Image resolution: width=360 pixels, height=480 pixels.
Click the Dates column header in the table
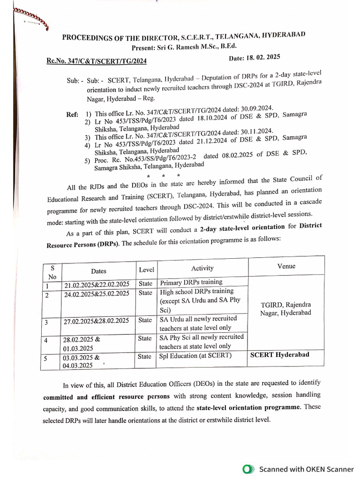[98, 271]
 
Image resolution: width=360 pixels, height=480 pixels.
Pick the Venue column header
[286, 266]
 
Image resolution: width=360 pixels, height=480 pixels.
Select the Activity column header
[202, 268]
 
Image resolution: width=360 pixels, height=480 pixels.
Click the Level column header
[146, 270]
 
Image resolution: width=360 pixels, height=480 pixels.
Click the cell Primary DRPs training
[191, 283]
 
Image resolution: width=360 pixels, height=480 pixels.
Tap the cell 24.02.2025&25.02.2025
[96, 294]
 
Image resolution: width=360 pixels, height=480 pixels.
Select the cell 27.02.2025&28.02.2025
[96, 321]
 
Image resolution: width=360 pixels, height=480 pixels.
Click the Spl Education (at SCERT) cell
[195, 356]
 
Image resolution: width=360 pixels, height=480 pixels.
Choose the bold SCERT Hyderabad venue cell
[279, 354]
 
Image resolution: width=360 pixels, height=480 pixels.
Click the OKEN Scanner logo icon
[248, 469]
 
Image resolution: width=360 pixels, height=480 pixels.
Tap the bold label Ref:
[73, 113]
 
